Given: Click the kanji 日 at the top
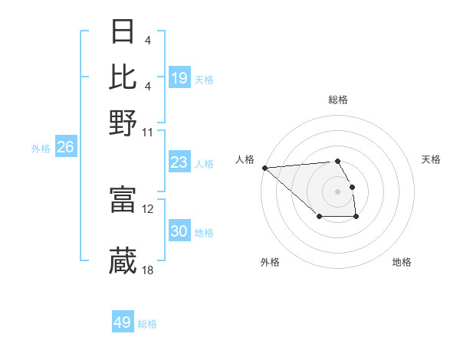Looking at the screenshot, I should tap(123, 33).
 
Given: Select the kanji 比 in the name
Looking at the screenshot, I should tap(123, 77).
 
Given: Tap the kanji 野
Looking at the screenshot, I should tap(123, 123).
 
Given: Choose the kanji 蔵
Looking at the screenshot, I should tap(123, 261).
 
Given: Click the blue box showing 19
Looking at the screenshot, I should tap(179, 77).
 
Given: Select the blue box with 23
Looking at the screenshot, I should tap(179, 162).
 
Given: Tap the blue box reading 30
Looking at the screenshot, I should tap(179, 231).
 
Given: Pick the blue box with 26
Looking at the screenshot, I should tap(65, 148).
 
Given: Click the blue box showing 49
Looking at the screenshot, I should tap(123, 322).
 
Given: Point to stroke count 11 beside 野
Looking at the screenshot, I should tap(148, 131).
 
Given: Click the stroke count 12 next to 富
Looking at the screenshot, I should tap(148, 208).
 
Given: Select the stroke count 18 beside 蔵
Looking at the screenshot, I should tap(148, 270).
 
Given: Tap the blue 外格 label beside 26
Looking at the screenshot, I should tap(41, 149).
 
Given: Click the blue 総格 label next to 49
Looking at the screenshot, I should tap(147, 324).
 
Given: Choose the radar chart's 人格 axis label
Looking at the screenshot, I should tap(245, 159).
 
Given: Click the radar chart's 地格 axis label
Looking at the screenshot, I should tap(402, 262).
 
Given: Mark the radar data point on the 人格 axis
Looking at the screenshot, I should tap(264, 168).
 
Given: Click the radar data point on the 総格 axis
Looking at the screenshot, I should tap(337, 161).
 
